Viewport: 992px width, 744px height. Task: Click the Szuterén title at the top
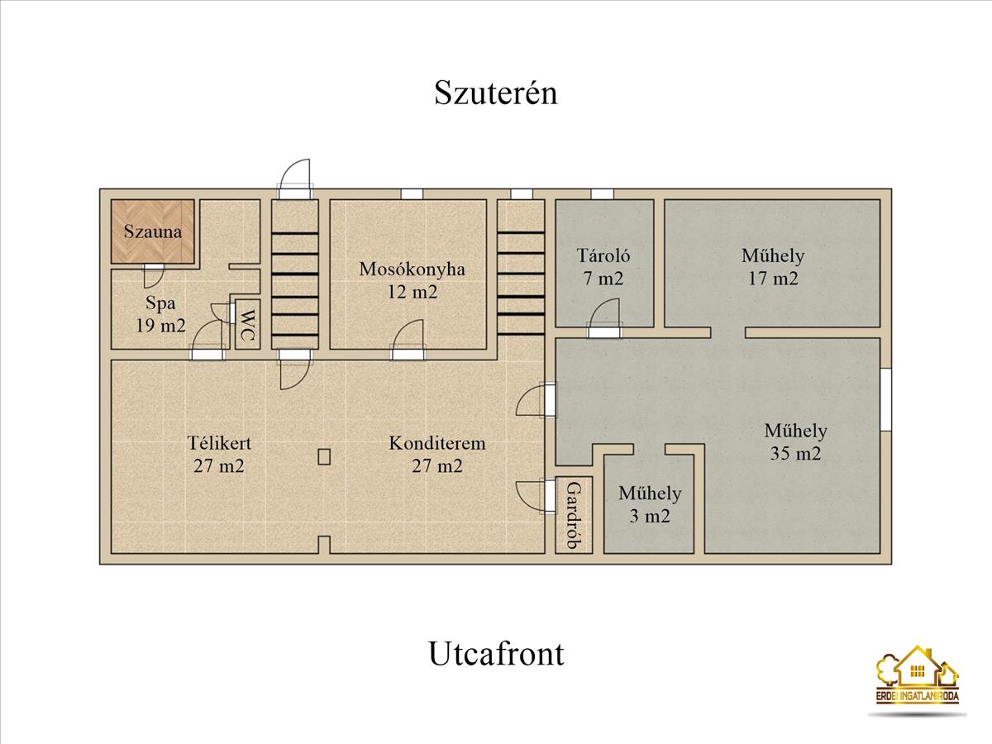click(496, 93)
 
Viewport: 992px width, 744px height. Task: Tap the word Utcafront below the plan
click(496, 654)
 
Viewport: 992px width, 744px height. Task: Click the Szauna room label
click(153, 231)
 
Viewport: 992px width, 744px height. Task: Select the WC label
click(247, 325)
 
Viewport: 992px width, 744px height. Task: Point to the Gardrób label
click(574, 515)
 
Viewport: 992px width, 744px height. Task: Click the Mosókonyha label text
click(413, 269)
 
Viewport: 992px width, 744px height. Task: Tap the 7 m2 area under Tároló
click(603, 279)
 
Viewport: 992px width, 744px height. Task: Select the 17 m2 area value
click(773, 279)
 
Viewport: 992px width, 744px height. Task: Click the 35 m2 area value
click(795, 453)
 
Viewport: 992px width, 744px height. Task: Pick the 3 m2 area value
click(650, 515)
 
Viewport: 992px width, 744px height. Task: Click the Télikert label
click(219, 443)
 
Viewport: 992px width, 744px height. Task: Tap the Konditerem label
click(437, 443)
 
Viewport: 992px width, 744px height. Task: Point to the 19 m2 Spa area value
click(161, 325)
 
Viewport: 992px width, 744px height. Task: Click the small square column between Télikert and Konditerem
click(324, 456)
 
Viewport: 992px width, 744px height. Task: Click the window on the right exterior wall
click(886, 399)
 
